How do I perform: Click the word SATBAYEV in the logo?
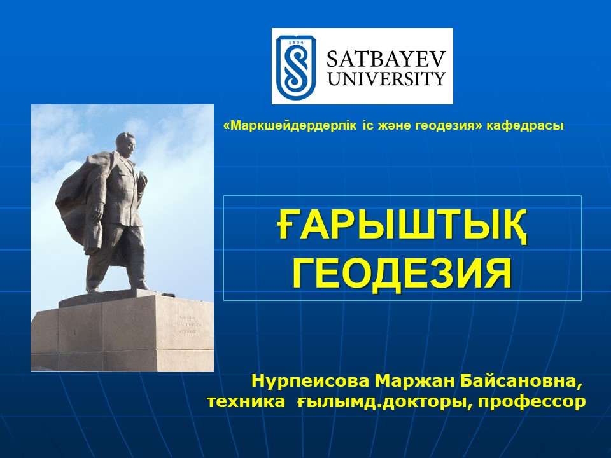(x=386, y=59)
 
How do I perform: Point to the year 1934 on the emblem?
(x=296, y=40)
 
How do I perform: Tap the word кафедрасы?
(x=525, y=126)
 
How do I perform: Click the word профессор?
(x=532, y=401)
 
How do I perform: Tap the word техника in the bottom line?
(x=246, y=401)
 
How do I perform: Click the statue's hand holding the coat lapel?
(x=141, y=179)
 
